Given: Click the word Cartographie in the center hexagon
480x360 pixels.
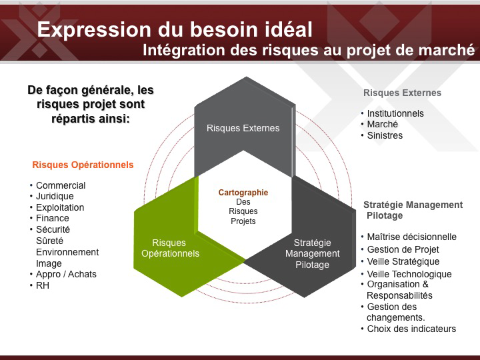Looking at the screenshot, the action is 243,193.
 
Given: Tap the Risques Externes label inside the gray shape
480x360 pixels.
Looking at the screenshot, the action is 243,128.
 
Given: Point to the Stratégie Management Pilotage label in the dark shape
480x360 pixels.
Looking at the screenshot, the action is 312,253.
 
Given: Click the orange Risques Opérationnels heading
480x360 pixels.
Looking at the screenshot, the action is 83,165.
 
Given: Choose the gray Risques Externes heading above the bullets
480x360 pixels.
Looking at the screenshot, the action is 402,93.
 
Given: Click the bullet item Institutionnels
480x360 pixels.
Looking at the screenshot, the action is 395,113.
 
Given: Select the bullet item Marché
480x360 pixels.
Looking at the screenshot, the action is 383,124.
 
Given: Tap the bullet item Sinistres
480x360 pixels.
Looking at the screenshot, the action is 385,135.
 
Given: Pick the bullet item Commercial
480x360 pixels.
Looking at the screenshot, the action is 61,185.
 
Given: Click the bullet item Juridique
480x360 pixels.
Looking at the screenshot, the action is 55,196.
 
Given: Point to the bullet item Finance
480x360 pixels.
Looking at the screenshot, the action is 53,218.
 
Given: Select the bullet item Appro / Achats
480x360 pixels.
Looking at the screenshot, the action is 66,274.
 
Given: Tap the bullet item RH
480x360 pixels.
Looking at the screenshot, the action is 43,285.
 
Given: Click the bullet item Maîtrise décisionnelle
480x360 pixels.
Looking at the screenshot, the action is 412,237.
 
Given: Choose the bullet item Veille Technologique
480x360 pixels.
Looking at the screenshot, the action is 409,274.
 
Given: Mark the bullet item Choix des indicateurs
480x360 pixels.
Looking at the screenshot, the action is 411,329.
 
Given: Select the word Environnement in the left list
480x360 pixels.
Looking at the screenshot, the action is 67,252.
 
